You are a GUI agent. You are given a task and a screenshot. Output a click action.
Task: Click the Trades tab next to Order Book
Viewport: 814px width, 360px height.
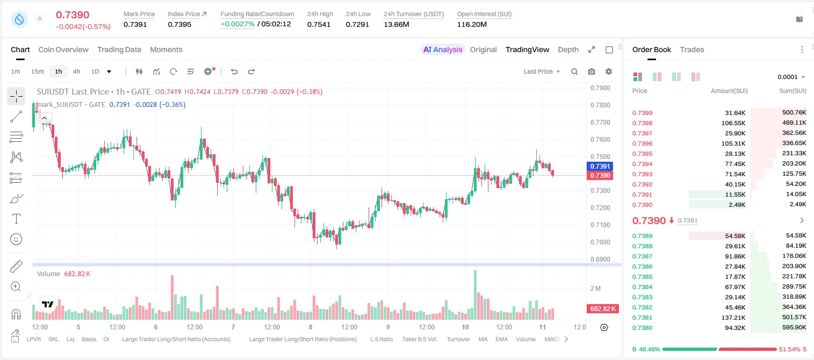point(692,49)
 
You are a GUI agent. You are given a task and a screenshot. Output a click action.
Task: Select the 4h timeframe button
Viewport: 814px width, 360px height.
point(76,71)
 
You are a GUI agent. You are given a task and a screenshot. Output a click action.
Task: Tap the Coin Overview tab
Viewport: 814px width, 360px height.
point(63,49)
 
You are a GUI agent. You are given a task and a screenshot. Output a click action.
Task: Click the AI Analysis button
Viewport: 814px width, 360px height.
point(443,49)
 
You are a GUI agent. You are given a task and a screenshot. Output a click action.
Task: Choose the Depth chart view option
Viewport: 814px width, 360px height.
point(568,49)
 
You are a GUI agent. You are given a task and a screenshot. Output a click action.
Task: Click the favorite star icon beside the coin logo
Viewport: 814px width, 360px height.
point(40,18)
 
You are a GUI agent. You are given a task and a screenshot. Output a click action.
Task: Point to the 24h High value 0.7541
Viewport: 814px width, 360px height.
point(319,24)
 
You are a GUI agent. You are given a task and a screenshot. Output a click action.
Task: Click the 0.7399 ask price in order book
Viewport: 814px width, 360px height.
point(642,113)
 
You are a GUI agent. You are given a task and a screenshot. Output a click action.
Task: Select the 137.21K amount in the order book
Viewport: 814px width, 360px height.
point(733,318)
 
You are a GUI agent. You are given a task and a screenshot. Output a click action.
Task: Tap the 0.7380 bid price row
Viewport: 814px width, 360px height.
point(642,328)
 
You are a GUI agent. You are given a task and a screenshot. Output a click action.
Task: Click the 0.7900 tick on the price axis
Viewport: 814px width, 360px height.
point(600,88)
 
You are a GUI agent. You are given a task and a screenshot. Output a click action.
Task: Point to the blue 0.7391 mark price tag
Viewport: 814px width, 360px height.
point(600,167)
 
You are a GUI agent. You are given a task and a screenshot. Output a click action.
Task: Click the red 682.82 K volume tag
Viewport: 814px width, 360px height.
point(602,309)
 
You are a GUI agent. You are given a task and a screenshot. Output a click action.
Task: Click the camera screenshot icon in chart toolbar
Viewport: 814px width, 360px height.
point(592,71)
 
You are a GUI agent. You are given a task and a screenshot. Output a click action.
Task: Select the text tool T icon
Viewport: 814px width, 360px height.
point(16,219)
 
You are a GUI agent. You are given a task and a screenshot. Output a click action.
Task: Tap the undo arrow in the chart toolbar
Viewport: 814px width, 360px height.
point(234,71)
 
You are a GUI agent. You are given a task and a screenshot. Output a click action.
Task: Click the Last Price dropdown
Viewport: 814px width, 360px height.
point(542,71)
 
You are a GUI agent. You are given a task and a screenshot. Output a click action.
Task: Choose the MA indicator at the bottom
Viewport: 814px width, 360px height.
point(483,339)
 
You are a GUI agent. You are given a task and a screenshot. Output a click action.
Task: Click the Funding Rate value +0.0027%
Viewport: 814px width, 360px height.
point(237,24)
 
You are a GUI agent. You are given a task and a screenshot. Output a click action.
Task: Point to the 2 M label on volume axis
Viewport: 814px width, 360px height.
point(595,289)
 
